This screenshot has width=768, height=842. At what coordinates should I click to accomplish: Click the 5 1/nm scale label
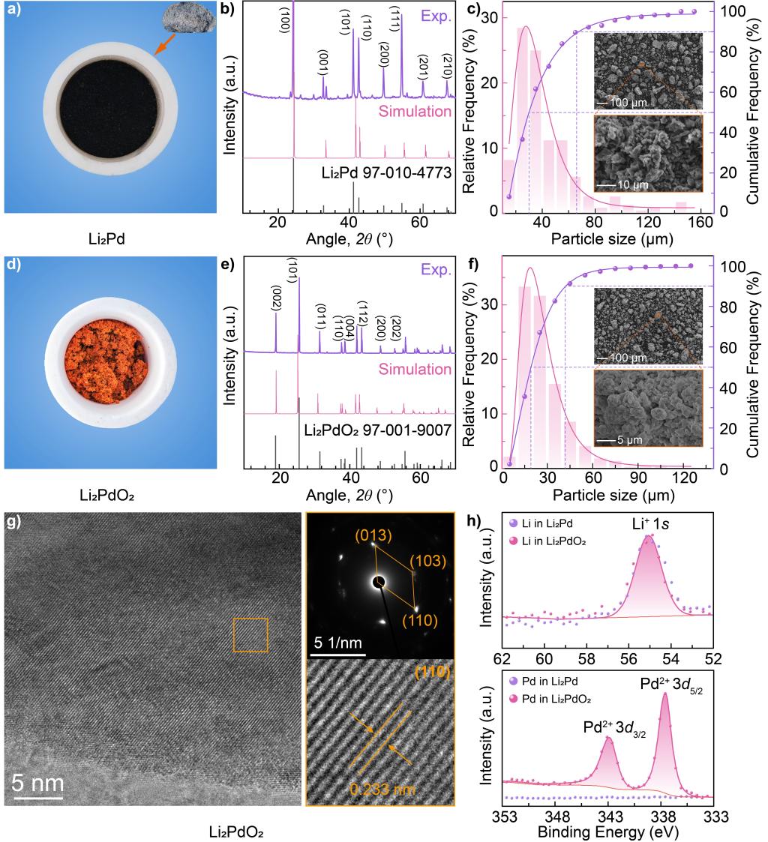(x=335, y=642)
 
